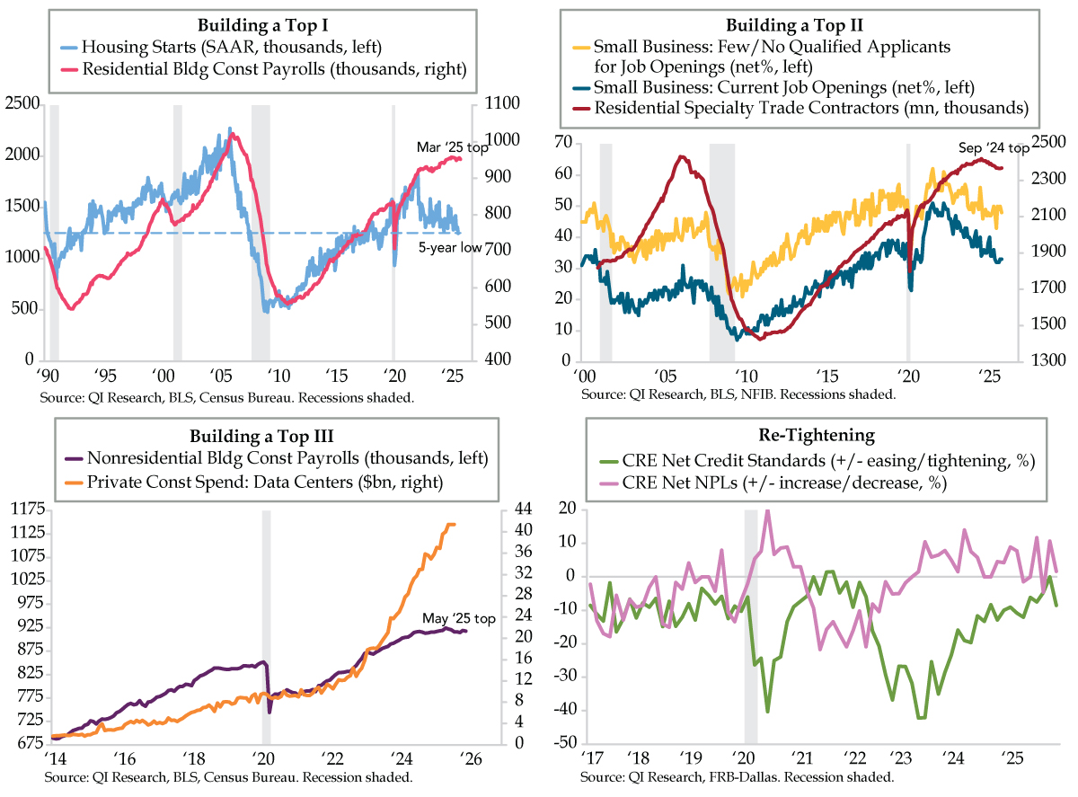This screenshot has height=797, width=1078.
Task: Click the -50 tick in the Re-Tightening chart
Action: click(x=566, y=744)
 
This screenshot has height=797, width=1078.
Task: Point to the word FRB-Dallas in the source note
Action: click(x=727, y=776)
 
